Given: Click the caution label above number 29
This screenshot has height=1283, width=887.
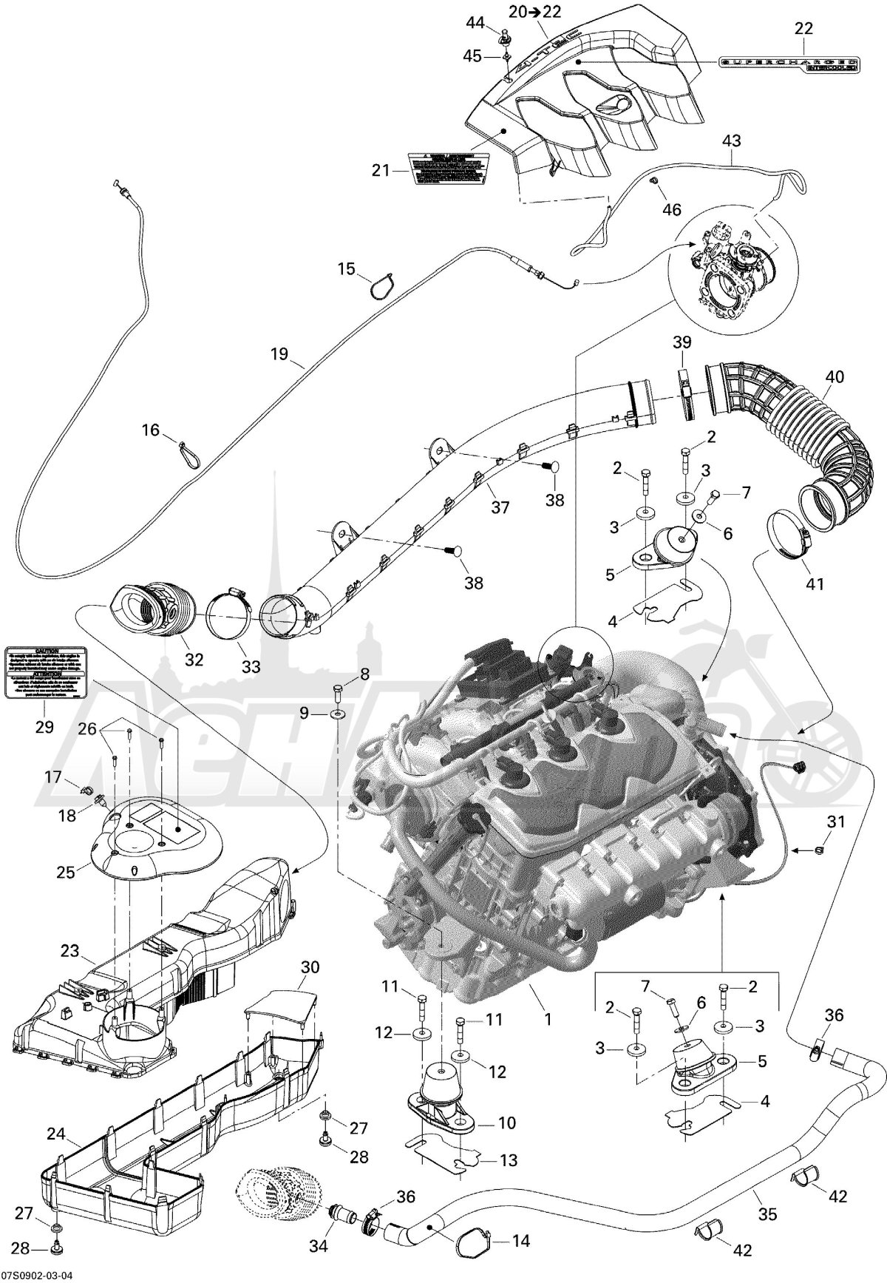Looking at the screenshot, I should (x=47, y=672).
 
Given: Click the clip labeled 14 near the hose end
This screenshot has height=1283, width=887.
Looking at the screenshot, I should (x=473, y=1243).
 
